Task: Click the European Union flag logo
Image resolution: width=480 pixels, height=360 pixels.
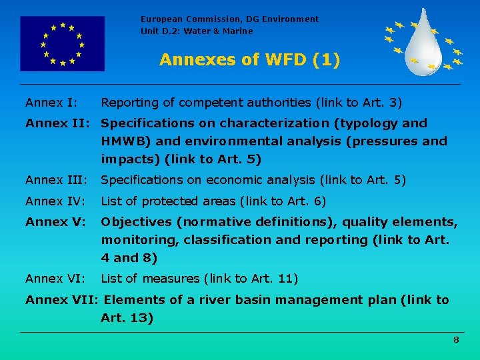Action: coord(62,44)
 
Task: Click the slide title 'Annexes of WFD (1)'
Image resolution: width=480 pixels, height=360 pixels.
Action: coord(249,60)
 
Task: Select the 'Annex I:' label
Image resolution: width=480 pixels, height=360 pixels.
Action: coord(51,103)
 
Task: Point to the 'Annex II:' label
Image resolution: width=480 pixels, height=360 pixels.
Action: coord(59,123)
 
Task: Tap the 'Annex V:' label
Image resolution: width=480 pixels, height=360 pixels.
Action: coord(55,222)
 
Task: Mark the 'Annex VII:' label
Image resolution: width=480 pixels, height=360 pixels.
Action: coord(61,300)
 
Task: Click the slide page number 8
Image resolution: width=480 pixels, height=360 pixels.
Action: coord(456,340)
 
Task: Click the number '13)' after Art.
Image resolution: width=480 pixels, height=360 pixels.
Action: coord(141,318)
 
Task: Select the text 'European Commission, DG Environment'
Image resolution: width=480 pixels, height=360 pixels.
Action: coord(229,19)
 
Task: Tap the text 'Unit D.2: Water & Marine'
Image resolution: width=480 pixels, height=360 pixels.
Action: coord(197,31)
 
